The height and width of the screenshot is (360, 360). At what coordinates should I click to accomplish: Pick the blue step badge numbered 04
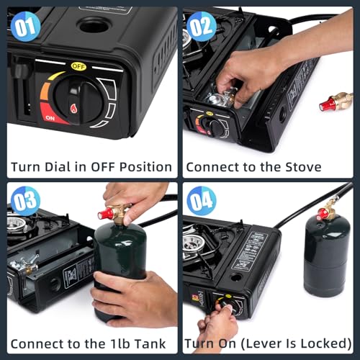coord(201,200)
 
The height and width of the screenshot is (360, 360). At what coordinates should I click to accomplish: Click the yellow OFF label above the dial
coord(78,66)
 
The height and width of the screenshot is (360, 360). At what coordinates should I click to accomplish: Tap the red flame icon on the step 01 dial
coord(74,109)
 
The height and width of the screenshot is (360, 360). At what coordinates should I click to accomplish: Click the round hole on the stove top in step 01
coord(93,26)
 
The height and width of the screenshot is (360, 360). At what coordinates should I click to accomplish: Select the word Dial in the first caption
coord(61,167)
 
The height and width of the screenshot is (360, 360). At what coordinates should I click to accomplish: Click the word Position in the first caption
coord(144,167)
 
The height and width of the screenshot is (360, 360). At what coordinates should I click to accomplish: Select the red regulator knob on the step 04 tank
coord(323,214)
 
